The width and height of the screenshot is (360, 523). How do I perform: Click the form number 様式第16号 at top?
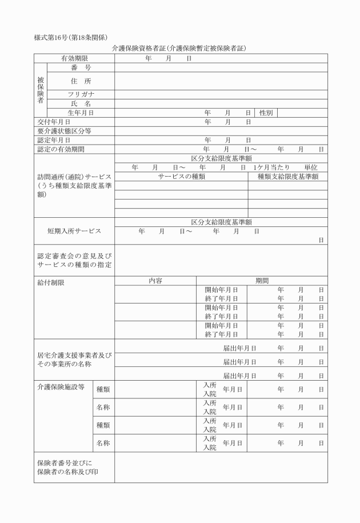[54, 38]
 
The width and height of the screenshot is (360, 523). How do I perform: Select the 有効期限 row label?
[74, 58]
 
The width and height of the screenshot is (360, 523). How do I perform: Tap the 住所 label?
[80, 81]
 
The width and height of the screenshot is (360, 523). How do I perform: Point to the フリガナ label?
[81, 94]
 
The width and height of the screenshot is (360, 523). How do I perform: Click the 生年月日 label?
[80, 113]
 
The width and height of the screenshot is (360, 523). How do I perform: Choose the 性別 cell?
[266, 113]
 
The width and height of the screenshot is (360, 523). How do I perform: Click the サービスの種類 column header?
[182, 177]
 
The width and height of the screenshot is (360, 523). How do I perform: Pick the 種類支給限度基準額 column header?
[288, 177]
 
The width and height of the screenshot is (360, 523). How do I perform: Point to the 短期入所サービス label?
[74, 231]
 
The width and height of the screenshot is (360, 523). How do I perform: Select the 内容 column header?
[155, 281]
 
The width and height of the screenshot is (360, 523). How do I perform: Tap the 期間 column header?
[262, 281]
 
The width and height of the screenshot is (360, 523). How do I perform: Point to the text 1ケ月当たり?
[271, 167]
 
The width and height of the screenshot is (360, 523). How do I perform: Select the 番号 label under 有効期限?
[81, 67]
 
